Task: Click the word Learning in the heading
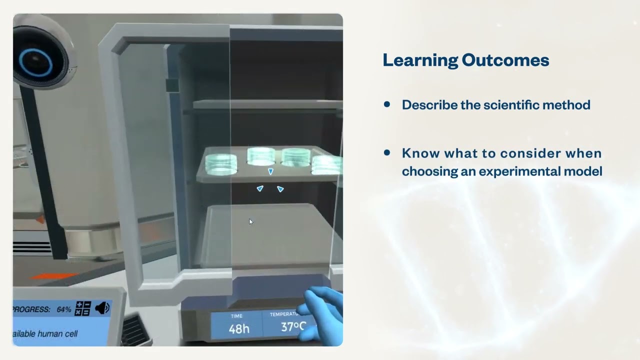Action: pos(420,60)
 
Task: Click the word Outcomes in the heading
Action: pos(505,60)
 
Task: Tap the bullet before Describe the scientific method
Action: pos(386,104)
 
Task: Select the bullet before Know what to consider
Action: pos(386,153)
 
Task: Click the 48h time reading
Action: pos(239,328)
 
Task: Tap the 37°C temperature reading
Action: pos(292,327)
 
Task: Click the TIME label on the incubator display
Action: pos(236,316)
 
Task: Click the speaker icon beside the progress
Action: pos(102,308)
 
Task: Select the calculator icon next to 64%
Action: pos(82,308)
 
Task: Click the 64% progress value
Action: pos(63,309)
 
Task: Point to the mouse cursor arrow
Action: pos(250,221)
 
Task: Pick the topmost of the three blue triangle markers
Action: pos(270,171)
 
